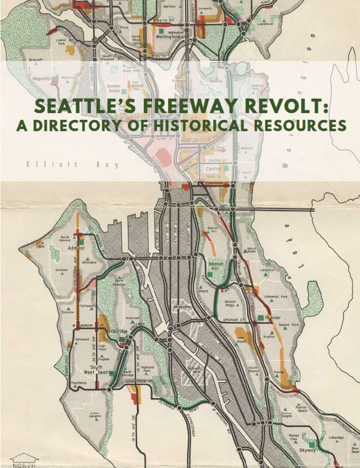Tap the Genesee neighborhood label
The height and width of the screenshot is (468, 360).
tap(61, 270)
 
